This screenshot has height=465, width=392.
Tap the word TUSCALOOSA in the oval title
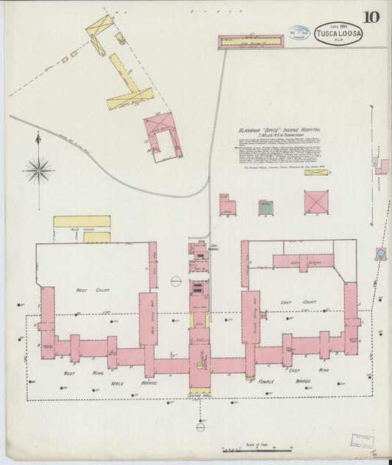click(x=338, y=33)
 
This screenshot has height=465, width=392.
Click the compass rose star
click(x=38, y=170)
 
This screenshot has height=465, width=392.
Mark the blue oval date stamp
click(x=298, y=35)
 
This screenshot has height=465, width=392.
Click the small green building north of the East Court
click(x=266, y=208)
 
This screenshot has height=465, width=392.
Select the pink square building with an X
click(x=316, y=202)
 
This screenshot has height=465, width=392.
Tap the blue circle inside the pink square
click(x=381, y=254)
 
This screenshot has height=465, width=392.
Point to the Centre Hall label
click(x=199, y=397)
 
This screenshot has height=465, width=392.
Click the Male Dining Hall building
click(x=148, y=319)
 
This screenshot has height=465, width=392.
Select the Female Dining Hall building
click(x=250, y=316)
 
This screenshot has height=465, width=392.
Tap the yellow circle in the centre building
click(x=199, y=365)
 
